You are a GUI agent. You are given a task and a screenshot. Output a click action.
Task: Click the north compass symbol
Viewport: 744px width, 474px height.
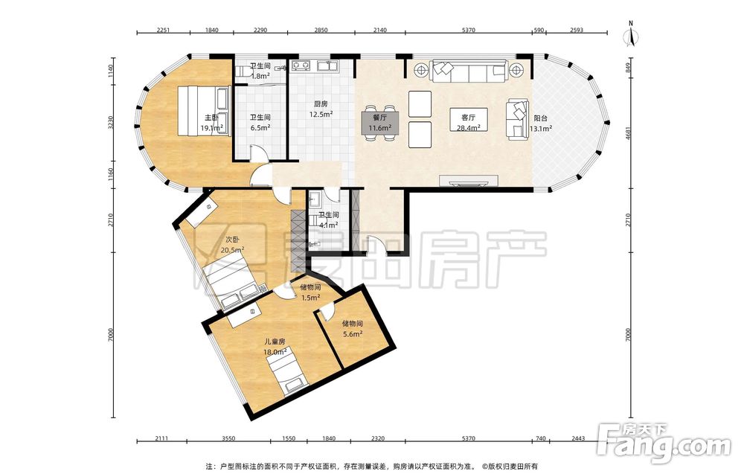point(631,34)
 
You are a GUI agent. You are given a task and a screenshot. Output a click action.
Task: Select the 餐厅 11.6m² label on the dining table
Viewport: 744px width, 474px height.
point(379,123)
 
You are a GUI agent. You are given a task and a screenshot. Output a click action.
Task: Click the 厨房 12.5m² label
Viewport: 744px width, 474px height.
point(321,109)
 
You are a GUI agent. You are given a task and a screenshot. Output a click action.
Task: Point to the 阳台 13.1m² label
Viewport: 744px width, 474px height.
point(540,123)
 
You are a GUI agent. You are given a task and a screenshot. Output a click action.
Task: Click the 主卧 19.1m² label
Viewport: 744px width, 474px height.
point(211,123)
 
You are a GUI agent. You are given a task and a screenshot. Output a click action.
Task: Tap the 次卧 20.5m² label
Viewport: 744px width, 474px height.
point(232,244)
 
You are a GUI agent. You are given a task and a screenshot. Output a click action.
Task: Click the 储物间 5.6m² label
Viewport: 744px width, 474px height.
point(353,328)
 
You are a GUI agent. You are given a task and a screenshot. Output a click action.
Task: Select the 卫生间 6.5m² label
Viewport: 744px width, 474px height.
point(260,122)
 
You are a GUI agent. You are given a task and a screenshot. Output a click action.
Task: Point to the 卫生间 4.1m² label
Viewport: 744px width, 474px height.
point(328,220)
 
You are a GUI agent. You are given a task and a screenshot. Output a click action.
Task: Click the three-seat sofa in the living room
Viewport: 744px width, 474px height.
point(468,71)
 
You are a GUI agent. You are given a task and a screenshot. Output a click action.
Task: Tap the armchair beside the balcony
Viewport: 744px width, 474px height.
point(518,119)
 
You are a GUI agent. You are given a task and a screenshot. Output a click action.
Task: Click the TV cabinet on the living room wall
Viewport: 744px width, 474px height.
point(468,180)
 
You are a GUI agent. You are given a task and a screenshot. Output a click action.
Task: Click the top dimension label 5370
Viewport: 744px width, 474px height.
point(468,30)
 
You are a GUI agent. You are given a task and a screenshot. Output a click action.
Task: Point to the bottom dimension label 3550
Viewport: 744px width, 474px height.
point(228,438)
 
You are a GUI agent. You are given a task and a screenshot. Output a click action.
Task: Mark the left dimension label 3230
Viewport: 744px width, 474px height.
point(111,123)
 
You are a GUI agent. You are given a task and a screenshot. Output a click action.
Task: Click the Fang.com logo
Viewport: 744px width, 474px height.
point(664,443)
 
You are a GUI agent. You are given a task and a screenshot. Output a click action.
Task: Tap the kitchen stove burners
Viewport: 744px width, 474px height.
point(301,65)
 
